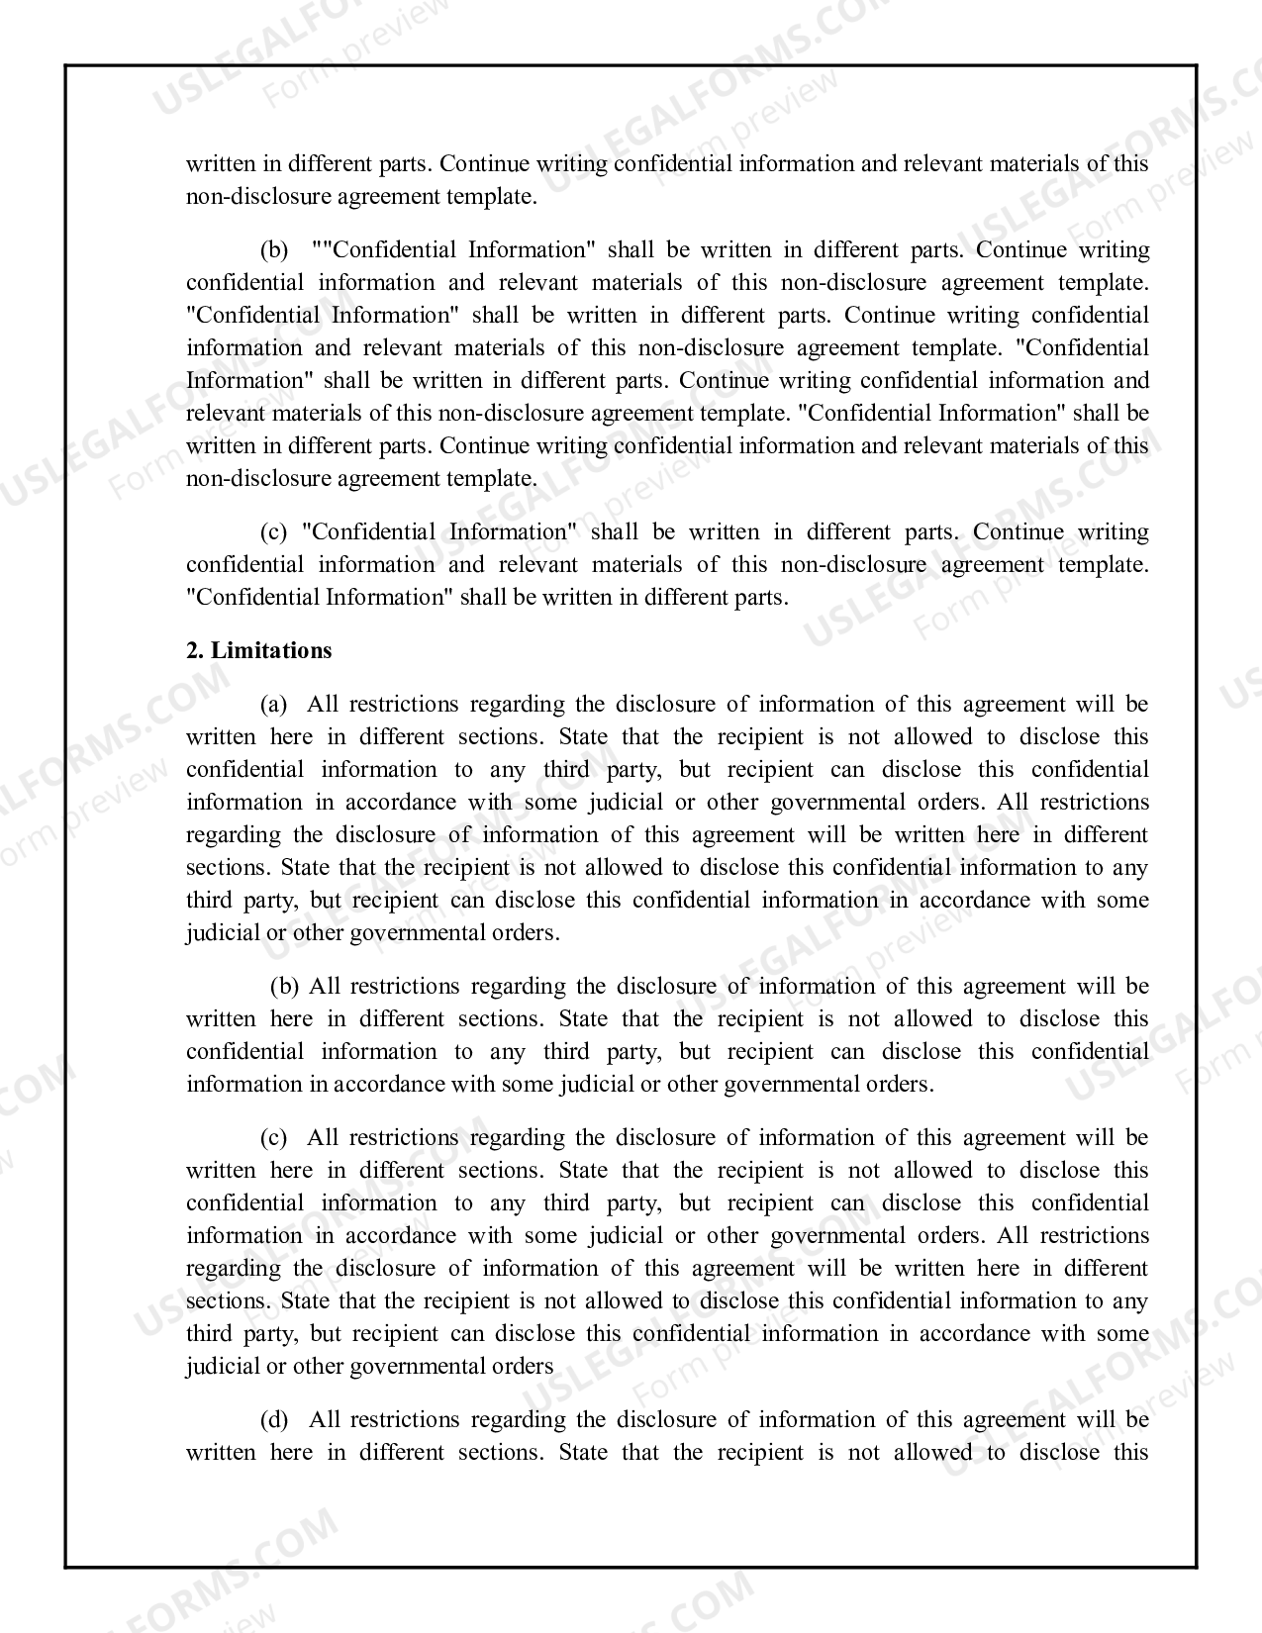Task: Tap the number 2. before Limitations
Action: click(194, 650)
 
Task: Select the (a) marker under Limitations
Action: click(273, 704)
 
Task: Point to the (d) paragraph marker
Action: click(273, 1419)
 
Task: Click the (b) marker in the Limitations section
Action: click(285, 986)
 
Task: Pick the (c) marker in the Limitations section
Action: click(273, 1137)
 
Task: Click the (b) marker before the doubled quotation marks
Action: click(273, 249)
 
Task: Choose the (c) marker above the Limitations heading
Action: click(273, 531)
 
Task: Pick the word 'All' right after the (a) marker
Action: click(323, 704)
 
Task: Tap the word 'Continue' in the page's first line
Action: click(481, 163)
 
